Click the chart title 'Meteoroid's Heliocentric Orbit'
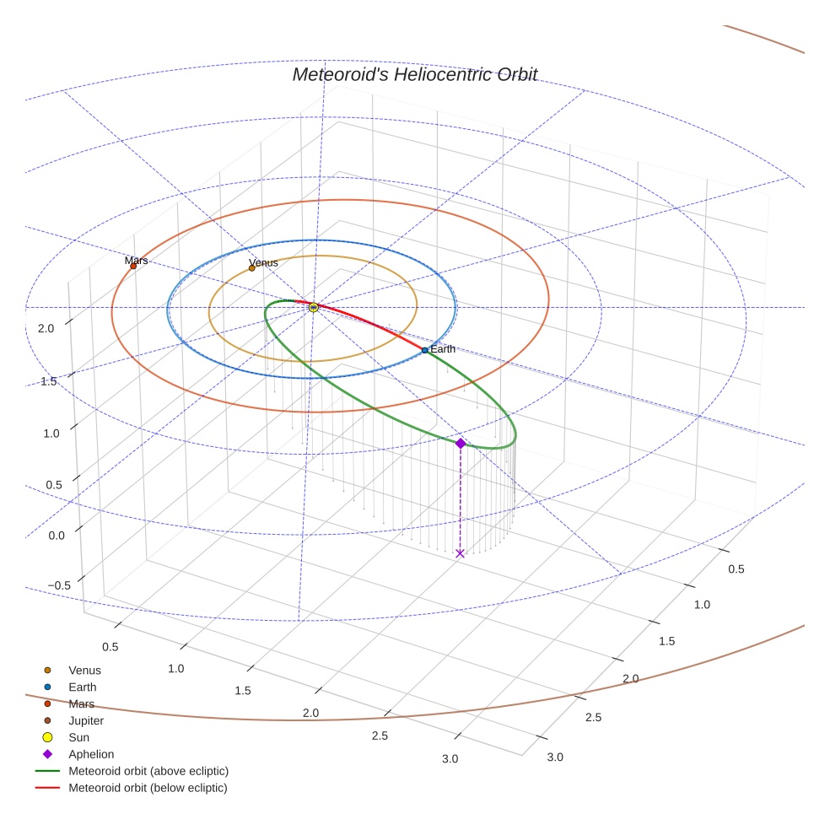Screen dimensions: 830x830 [414, 74]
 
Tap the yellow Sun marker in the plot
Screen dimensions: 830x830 [314, 308]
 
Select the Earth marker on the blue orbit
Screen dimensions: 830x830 [425, 349]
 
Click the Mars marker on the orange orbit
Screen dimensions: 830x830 [133, 267]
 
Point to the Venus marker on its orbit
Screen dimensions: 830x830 [251, 268]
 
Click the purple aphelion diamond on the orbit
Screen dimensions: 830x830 [460, 443]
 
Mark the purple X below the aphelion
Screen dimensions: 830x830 [460, 552]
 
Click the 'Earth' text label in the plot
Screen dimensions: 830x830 [443, 348]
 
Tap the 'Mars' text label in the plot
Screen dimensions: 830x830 [137, 260]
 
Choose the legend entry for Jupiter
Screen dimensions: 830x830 [85, 720]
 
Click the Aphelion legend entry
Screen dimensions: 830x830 [90, 754]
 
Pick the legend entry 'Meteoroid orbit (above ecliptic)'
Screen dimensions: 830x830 [148, 771]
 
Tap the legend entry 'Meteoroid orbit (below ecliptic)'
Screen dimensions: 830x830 [148, 788]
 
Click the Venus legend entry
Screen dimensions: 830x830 [84, 670]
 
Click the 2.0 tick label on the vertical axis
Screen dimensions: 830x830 [46, 328]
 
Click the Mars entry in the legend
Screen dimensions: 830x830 [81, 703]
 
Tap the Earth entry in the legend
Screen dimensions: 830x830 [82, 687]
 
